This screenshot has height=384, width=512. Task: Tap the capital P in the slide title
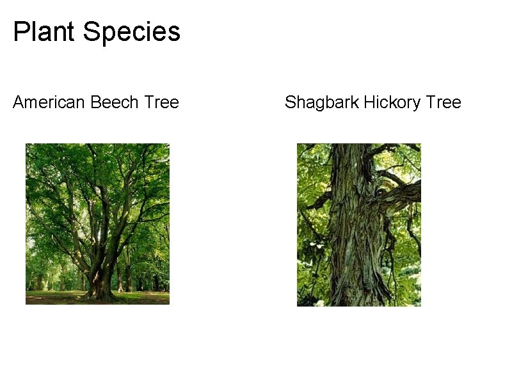coord(20,31)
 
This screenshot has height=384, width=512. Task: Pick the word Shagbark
coord(322,102)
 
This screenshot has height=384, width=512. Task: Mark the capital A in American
coord(18,102)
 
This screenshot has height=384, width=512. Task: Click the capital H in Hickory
coord(369,102)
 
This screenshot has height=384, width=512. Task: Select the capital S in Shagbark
coord(290,102)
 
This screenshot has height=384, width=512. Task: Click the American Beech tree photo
coord(97,223)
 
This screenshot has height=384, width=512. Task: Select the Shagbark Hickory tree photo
coord(359,225)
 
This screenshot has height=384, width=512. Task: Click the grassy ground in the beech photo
coord(51,297)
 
